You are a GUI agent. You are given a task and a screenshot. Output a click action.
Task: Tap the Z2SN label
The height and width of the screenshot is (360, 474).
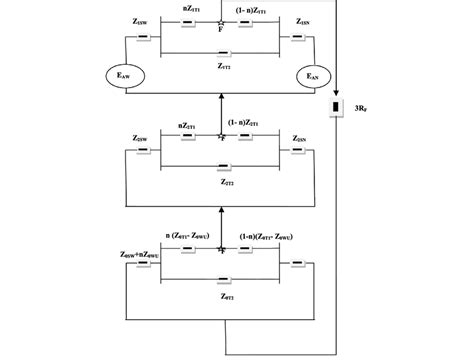click(x=300, y=138)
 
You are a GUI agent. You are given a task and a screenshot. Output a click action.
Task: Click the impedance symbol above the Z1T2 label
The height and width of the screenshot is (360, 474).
click(x=225, y=54)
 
